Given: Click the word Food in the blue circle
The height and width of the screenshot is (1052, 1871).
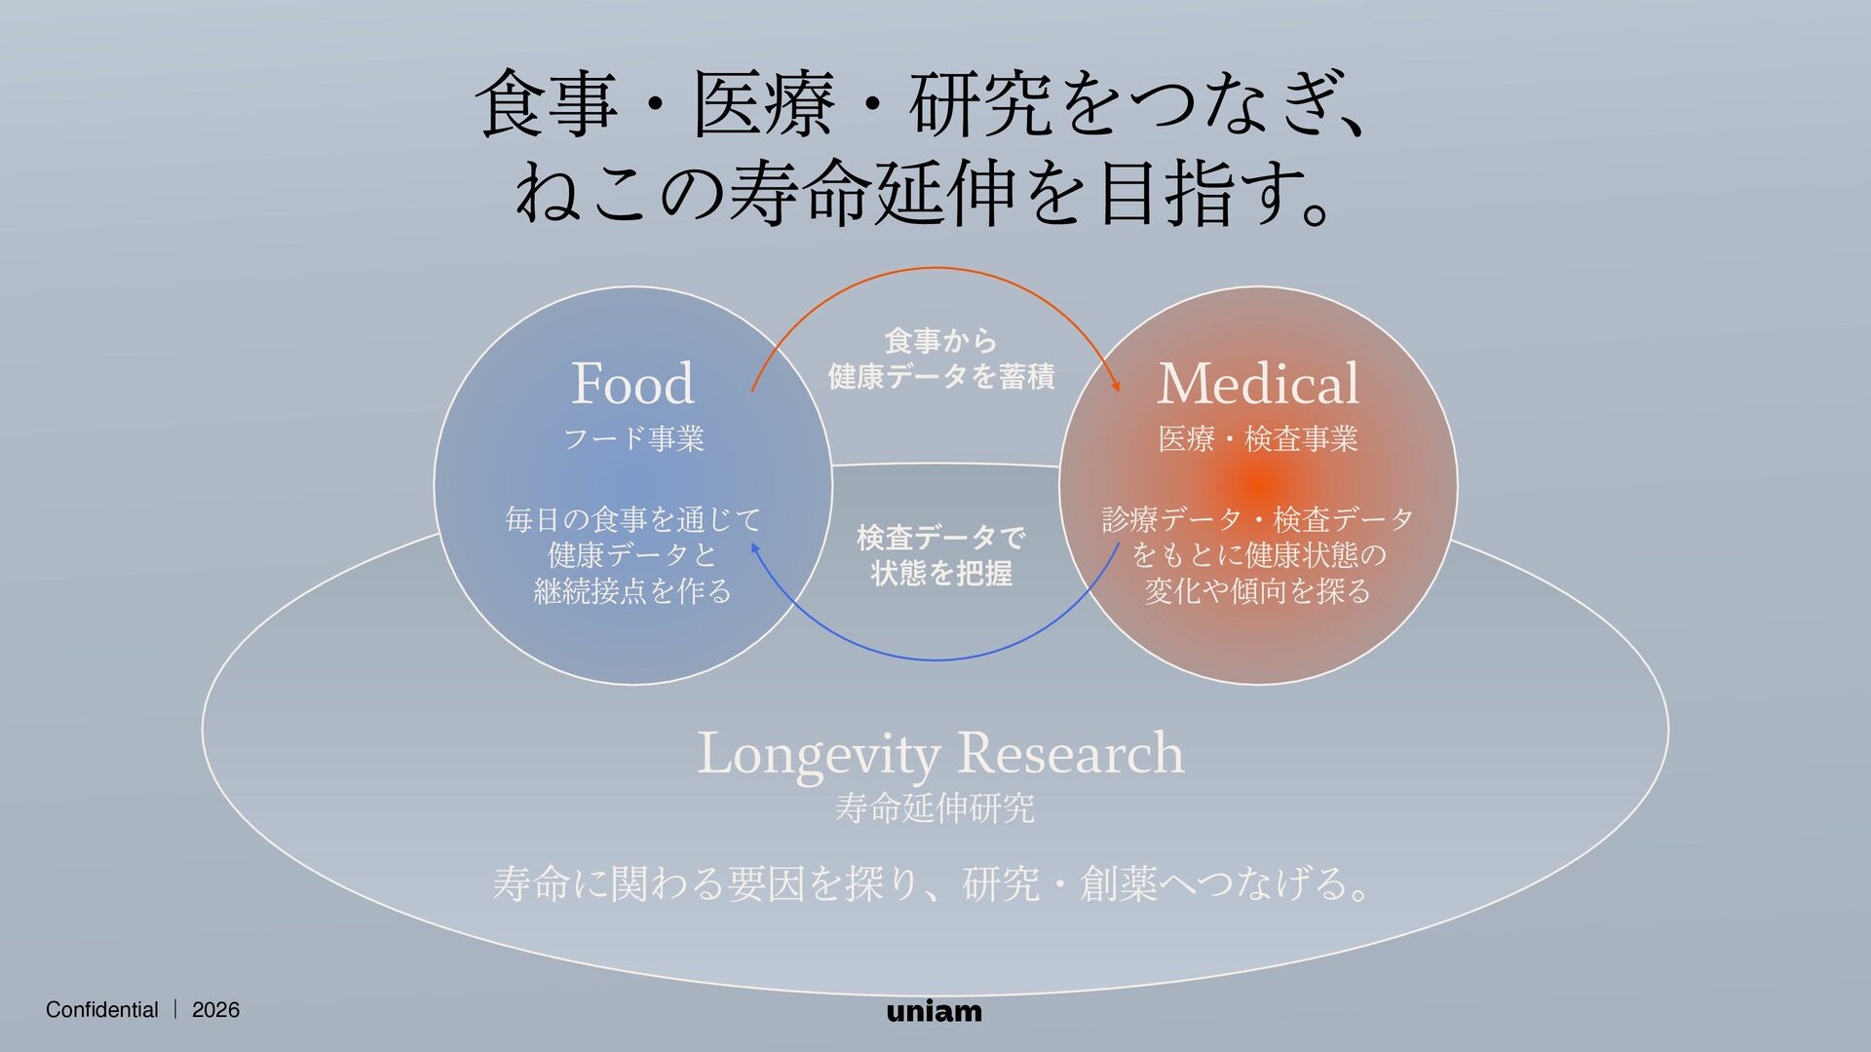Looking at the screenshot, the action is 632,383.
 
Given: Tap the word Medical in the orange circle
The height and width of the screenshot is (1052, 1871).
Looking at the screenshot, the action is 1257,383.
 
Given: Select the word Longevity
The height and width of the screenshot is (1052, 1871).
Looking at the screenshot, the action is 820,755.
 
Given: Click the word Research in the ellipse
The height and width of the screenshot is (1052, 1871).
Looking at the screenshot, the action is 1071,753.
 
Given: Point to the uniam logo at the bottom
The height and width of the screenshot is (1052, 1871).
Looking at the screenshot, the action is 935,1011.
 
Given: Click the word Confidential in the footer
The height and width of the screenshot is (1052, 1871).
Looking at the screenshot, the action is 101,1010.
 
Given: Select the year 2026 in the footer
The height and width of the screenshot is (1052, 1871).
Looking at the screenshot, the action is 215,1010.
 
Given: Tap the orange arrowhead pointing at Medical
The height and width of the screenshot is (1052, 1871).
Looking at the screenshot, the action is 1116,386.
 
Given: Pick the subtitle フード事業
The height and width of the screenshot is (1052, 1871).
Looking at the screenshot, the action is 633,438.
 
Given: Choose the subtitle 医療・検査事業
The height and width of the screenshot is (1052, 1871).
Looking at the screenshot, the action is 1258,439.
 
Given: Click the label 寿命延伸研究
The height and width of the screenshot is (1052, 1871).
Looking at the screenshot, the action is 935,808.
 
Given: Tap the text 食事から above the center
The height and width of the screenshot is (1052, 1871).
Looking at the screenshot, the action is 940,340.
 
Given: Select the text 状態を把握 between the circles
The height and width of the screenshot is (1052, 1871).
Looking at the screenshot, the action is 941,573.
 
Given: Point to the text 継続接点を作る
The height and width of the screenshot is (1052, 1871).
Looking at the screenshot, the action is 632,591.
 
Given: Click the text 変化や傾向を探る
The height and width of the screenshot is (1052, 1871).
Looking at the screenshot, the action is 1257,591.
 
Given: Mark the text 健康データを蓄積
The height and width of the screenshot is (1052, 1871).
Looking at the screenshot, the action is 940,376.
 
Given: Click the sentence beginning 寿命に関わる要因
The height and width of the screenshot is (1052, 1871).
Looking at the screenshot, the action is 932,884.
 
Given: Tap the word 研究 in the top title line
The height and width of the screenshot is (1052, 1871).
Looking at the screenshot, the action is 979,104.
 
